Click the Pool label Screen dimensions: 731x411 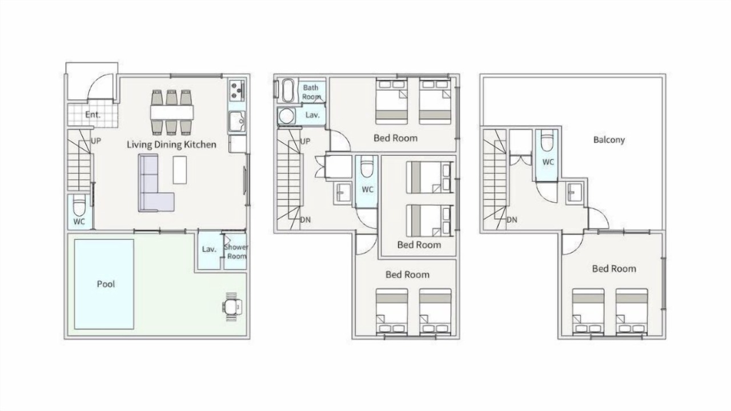(106, 284)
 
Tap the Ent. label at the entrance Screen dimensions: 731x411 (93, 115)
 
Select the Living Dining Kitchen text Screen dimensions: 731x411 (171, 144)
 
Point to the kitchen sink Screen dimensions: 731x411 (237, 122)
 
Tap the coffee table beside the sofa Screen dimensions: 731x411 (180, 170)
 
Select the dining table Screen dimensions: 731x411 (172, 112)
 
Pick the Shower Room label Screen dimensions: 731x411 (236, 252)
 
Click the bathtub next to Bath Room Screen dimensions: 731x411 (288, 90)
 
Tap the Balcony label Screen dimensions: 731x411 (609, 140)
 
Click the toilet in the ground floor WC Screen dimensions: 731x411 (79, 205)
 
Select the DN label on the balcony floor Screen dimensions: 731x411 (512, 220)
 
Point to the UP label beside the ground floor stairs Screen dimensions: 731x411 (95, 141)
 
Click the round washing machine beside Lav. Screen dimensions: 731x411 (287, 116)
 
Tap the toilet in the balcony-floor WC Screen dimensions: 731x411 (547, 140)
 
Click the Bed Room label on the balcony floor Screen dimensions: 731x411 (614, 269)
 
